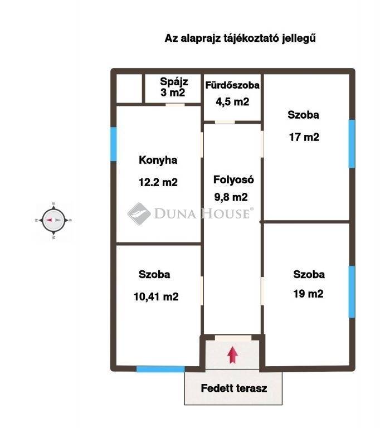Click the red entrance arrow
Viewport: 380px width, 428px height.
point(232,355)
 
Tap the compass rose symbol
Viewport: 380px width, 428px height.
point(53,220)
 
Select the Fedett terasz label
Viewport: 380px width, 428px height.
point(233,388)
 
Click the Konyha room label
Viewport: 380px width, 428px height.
point(158,160)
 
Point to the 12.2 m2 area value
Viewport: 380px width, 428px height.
point(158,182)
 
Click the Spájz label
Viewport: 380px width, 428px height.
point(174,81)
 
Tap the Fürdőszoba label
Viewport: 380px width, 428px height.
point(232,85)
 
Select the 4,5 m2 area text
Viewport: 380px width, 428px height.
point(232,102)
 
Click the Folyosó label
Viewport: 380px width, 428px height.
point(233,179)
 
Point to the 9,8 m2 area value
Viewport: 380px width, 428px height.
point(231,197)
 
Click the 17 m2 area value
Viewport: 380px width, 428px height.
point(304,137)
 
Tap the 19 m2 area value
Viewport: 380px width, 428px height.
point(308,294)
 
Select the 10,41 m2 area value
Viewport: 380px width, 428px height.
point(156,296)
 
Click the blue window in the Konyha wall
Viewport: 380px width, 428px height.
point(114,144)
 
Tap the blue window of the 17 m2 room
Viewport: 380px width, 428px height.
point(352,144)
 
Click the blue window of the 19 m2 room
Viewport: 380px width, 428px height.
point(352,292)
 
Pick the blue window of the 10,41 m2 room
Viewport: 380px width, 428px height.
point(160,369)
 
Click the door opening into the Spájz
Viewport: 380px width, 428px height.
point(176,105)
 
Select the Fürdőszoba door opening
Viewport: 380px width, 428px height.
point(225,122)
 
